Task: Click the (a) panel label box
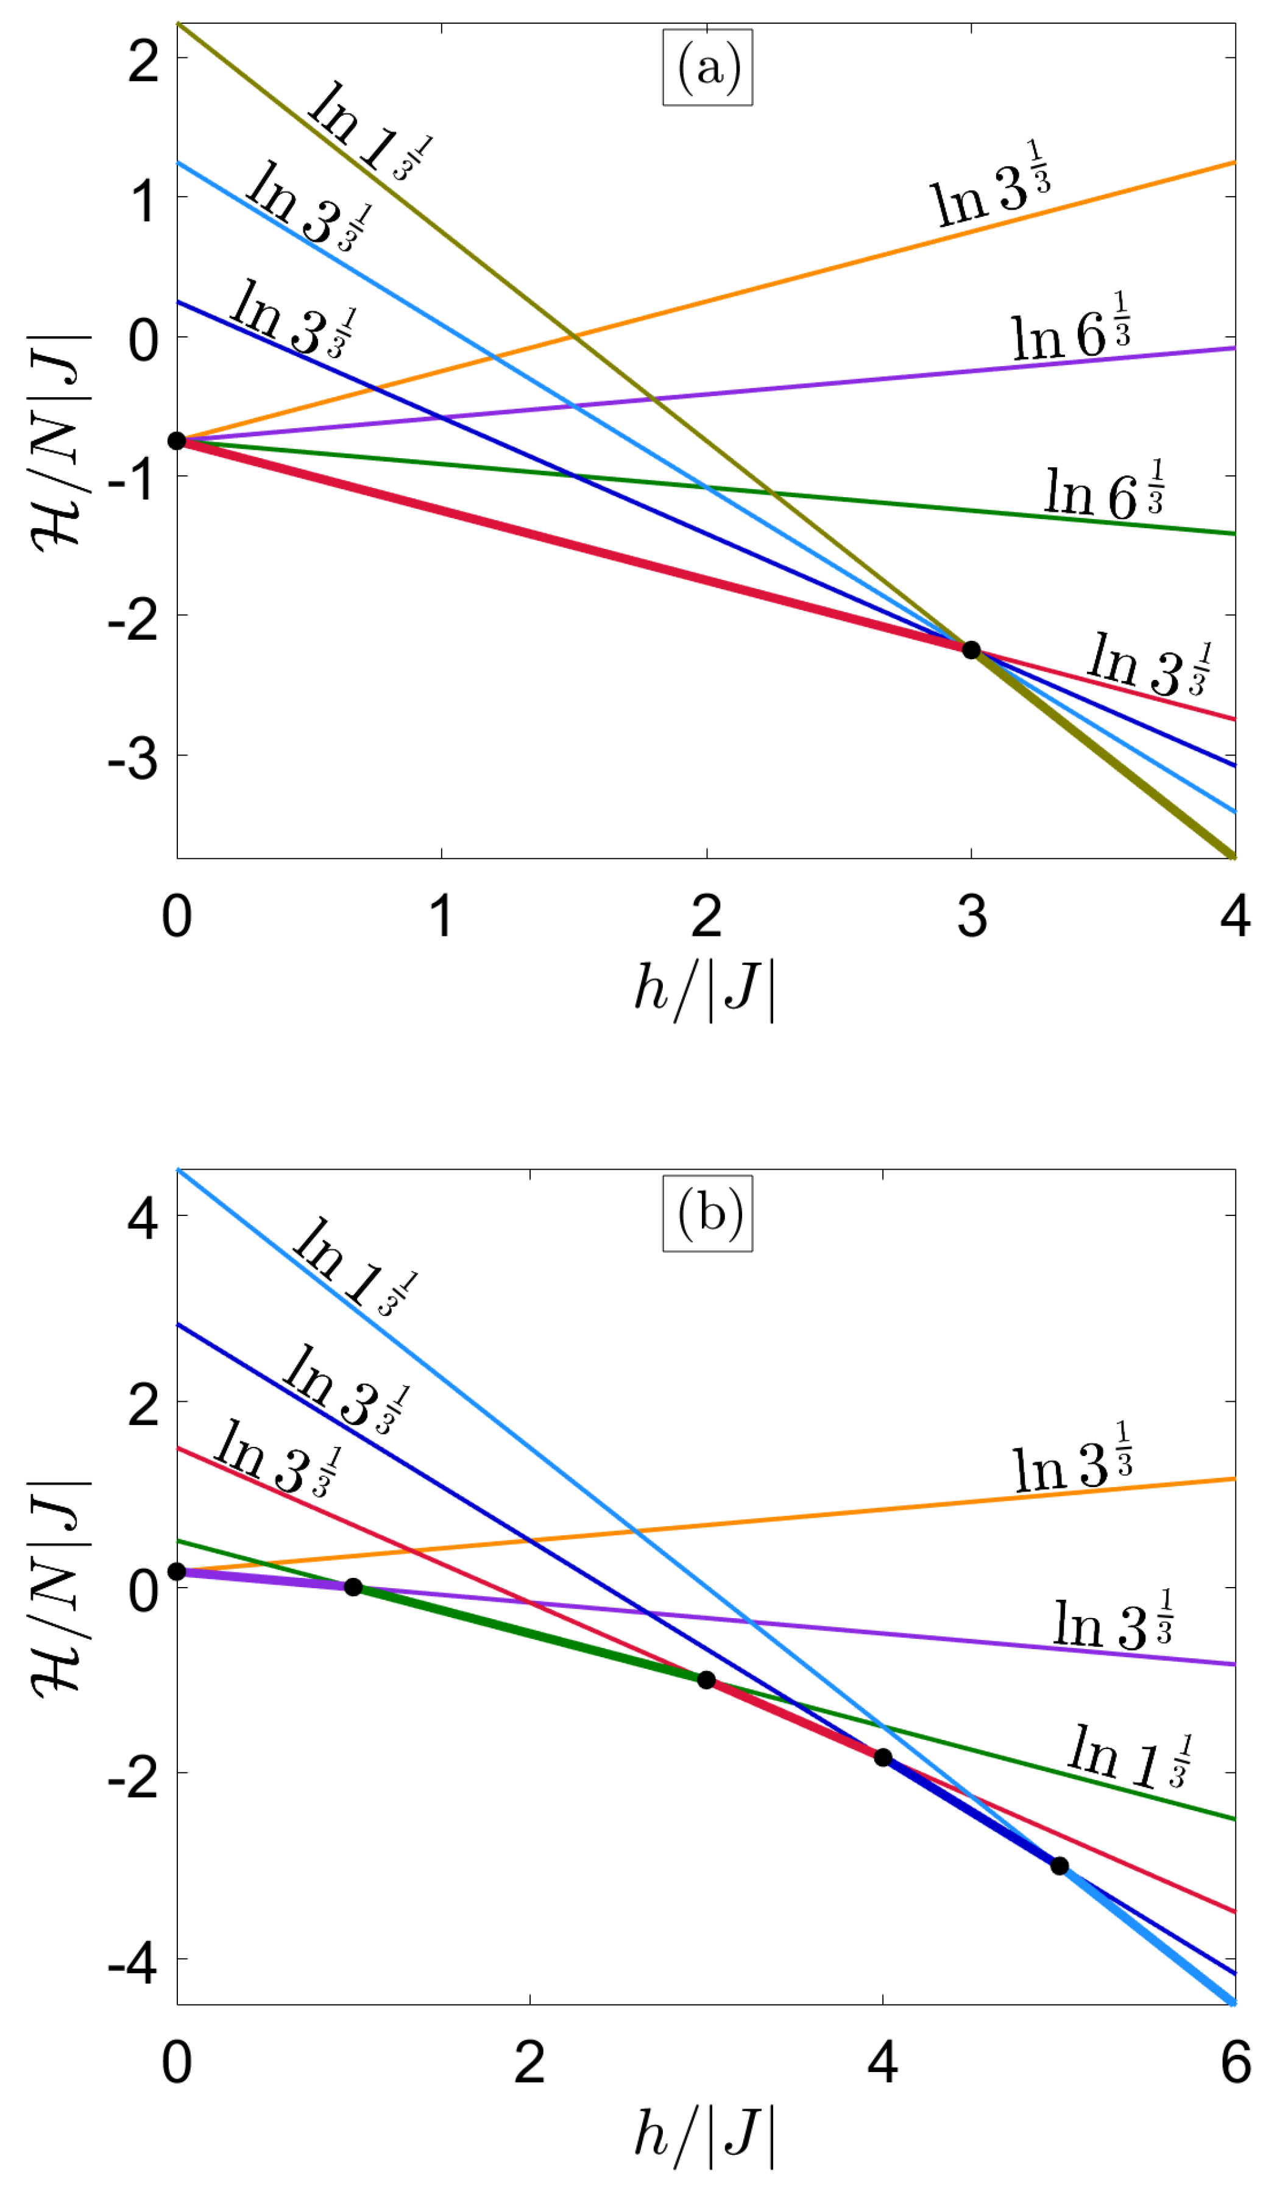pos(707,67)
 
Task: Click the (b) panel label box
pos(707,1212)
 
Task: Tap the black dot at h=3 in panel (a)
pos(971,650)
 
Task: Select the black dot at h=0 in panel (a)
pos(177,441)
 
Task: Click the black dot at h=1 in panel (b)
pos(353,1586)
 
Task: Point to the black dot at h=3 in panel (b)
pos(706,1679)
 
